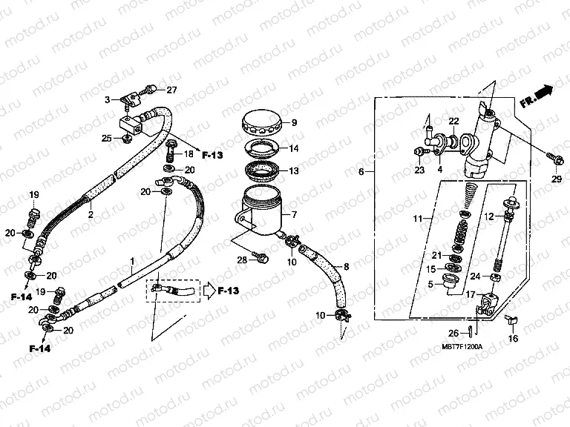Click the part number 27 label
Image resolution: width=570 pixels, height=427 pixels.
tap(171, 90)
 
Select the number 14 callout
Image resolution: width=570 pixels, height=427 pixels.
tap(294, 148)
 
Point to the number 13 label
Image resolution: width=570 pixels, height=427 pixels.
tap(294, 171)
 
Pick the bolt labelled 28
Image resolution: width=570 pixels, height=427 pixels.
tap(262, 256)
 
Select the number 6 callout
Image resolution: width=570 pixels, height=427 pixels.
tap(361, 172)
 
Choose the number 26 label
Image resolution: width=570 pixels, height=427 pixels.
tap(453, 333)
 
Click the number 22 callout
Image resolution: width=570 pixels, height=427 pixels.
tap(453, 121)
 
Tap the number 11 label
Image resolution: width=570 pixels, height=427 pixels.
tap(418, 219)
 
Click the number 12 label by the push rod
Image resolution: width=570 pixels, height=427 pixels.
tap(490, 216)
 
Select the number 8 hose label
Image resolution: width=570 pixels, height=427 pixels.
tap(345, 265)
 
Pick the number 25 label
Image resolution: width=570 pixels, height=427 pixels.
tap(106, 137)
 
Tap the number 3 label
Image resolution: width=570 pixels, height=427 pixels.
tap(107, 99)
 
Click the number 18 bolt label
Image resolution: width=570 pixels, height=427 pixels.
tap(188, 153)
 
